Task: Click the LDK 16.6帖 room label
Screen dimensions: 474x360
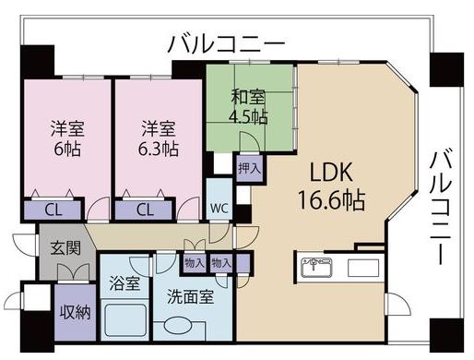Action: pyautogui.click(x=332, y=186)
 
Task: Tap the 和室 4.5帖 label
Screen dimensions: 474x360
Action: pyautogui.click(x=248, y=107)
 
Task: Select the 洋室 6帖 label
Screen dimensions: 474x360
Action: pyautogui.click(x=67, y=138)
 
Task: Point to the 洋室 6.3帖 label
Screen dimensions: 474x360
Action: pyautogui.click(x=159, y=138)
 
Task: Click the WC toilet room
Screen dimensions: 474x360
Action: pyautogui.click(x=219, y=199)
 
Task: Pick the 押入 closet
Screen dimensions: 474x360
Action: pyautogui.click(x=250, y=168)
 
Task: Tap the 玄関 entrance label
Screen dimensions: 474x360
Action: pyautogui.click(x=65, y=247)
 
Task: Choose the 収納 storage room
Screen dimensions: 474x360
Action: pyautogui.click(x=76, y=312)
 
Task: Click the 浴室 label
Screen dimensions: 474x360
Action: pyautogui.click(x=124, y=283)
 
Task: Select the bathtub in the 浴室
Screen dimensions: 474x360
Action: pyautogui.click(x=124, y=320)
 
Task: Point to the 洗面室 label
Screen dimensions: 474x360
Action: pyautogui.click(x=191, y=296)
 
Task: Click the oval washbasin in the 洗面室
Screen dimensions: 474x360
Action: pyautogui.click(x=178, y=326)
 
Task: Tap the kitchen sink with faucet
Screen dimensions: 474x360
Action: pyautogui.click(x=317, y=268)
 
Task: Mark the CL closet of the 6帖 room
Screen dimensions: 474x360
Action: pyautogui.click(x=53, y=210)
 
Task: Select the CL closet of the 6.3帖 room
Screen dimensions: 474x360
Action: pyautogui.click(x=144, y=210)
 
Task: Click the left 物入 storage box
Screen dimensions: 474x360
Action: pyautogui.click(x=195, y=263)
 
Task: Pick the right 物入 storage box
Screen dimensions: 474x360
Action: pyautogui.click(x=221, y=263)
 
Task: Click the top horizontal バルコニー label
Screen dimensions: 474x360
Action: pyautogui.click(x=227, y=44)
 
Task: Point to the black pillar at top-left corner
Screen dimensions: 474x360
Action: pyautogui.click(x=38, y=61)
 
